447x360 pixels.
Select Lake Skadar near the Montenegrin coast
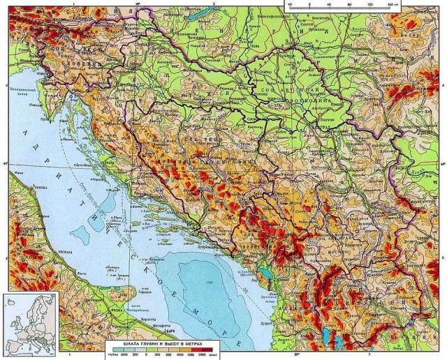click(x=265, y=273)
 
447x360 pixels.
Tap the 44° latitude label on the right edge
click(x=441, y=165)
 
